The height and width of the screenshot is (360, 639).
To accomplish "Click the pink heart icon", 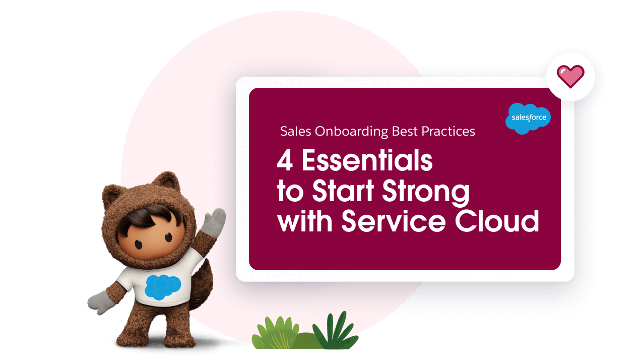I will click(570, 77).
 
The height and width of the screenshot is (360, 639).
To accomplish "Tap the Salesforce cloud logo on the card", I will click(528, 118).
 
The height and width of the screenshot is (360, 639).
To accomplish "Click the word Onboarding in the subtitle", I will click(351, 132).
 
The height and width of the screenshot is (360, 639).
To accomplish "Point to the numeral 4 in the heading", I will click(285, 161).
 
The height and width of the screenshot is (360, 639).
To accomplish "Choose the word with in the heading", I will click(305, 221).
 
